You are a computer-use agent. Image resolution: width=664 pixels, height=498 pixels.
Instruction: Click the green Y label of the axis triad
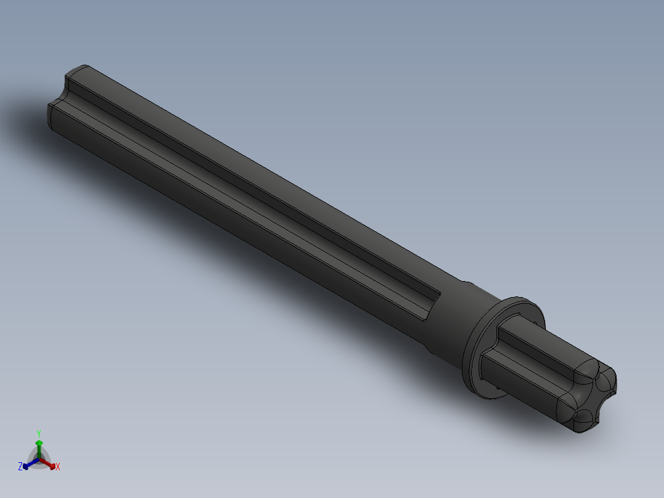pos(39,433)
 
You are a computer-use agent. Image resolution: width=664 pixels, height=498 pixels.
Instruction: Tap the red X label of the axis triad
pos(58,467)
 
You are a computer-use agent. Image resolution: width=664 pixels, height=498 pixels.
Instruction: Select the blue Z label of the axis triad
pos(20,467)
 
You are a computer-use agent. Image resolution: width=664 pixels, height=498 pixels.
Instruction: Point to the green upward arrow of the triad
pos(39,445)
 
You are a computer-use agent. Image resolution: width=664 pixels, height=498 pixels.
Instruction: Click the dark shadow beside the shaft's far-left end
pos(25,117)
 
